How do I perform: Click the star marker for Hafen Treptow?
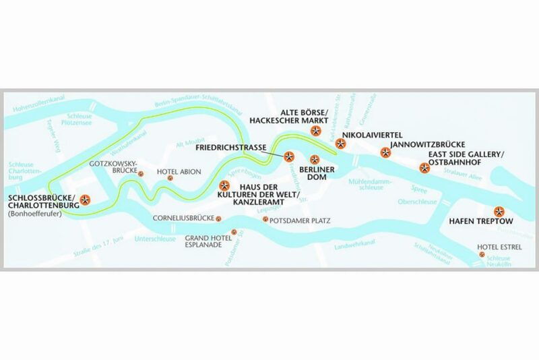tap(499, 210)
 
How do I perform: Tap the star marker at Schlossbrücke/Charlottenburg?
tap(86, 199)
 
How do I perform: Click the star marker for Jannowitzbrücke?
tap(385, 153)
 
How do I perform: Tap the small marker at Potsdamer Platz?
tap(265, 220)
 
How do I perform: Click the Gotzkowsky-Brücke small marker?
tap(141, 173)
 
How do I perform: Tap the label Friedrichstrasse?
tap(236, 146)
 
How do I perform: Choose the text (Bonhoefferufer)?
tap(32, 214)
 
